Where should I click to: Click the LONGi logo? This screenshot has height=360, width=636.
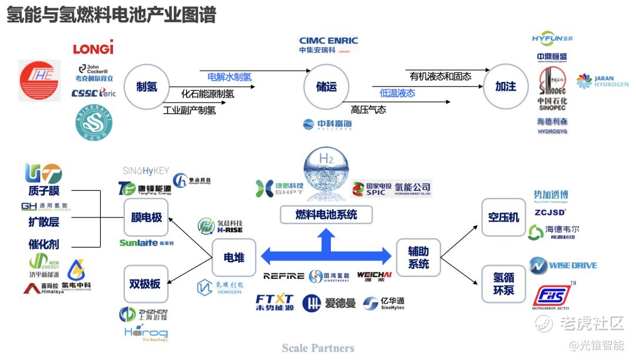pos(93,47)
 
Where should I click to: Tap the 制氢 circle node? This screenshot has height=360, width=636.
pos(147,87)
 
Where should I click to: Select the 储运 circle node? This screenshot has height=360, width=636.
pos(326,87)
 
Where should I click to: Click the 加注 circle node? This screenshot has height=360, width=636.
pos(505,87)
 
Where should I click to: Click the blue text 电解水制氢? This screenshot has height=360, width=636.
pos(229,77)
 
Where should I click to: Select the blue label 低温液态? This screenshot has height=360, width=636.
pos(397,93)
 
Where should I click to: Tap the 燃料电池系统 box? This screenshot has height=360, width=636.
pos(326,215)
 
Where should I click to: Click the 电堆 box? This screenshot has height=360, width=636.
pos(234,257)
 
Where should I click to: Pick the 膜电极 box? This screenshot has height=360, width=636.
pos(146,217)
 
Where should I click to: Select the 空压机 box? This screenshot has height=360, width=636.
pos(503,217)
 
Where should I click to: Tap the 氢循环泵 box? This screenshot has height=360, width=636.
pos(503,283)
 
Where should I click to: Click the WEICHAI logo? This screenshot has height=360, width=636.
pos(374,275)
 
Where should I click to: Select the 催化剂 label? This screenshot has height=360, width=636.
pos(44,245)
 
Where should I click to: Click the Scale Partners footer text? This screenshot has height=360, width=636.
pos(318,348)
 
